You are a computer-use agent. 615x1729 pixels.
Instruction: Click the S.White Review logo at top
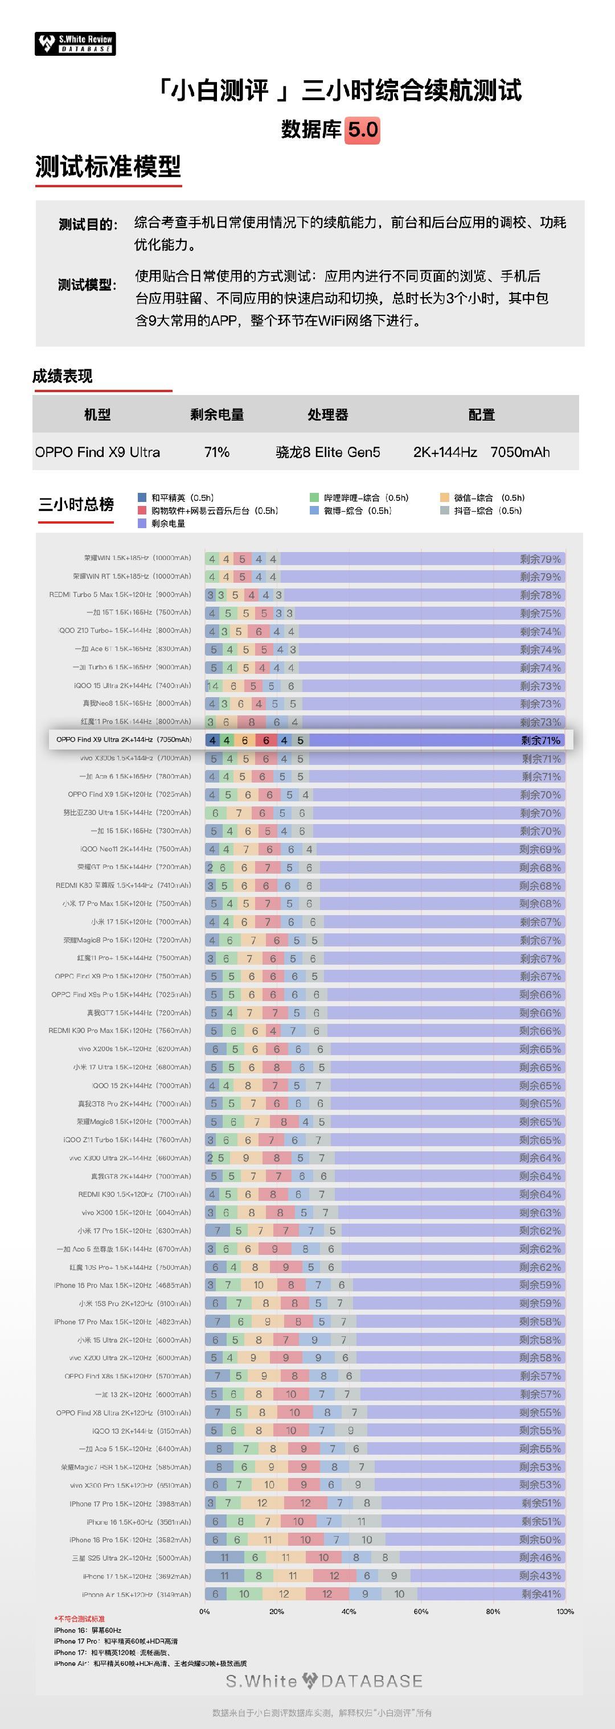pyautogui.click(x=75, y=44)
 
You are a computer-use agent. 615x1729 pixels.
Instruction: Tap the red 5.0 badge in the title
pyautogui.click(x=363, y=130)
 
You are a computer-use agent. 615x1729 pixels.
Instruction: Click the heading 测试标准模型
pyautogui.click(x=108, y=166)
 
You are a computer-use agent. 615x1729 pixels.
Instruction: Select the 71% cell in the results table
pyautogui.click(x=217, y=452)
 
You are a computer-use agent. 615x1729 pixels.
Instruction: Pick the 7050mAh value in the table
pyautogui.click(x=520, y=452)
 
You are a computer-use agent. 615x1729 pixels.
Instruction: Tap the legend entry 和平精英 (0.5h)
pyautogui.click(x=176, y=498)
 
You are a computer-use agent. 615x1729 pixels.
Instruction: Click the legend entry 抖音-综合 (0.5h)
pyautogui.click(x=483, y=511)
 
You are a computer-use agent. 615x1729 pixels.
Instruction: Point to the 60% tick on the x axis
pyautogui.click(x=421, y=1611)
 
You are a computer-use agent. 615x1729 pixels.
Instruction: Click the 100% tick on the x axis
pyautogui.click(x=565, y=1611)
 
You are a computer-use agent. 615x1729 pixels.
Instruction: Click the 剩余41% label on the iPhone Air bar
pyautogui.click(x=541, y=1594)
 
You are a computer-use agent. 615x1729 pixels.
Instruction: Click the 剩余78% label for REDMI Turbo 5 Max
pyautogui.click(x=540, y=595)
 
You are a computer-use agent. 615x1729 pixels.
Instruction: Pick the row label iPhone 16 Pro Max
pyautogui.click(x=122, y=1285)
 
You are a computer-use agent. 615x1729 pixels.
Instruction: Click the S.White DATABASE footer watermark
pyautogui.click(x=324, y=1681)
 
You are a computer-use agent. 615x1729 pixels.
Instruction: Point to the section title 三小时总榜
pyautogui.click(x=76, y=505)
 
